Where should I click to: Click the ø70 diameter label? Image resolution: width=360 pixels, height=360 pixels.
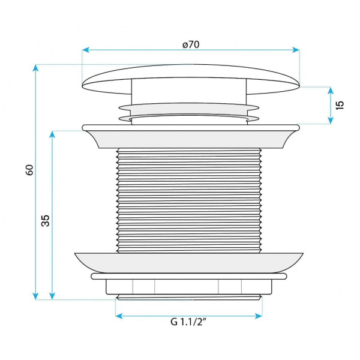coord(191,44)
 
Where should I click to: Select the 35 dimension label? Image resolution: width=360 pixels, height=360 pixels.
coord(46,221)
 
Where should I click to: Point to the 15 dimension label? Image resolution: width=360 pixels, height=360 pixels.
coord(340,105)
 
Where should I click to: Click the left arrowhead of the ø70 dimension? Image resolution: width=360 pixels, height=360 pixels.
coord(85,50)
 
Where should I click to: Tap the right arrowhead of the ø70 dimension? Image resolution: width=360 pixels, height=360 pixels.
coord(296,50)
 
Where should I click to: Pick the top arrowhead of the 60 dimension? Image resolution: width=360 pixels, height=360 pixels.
coord(35,68)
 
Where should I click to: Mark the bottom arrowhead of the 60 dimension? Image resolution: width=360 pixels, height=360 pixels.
coord(35,296)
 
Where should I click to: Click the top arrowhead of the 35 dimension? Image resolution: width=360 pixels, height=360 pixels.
coord(52,134)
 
